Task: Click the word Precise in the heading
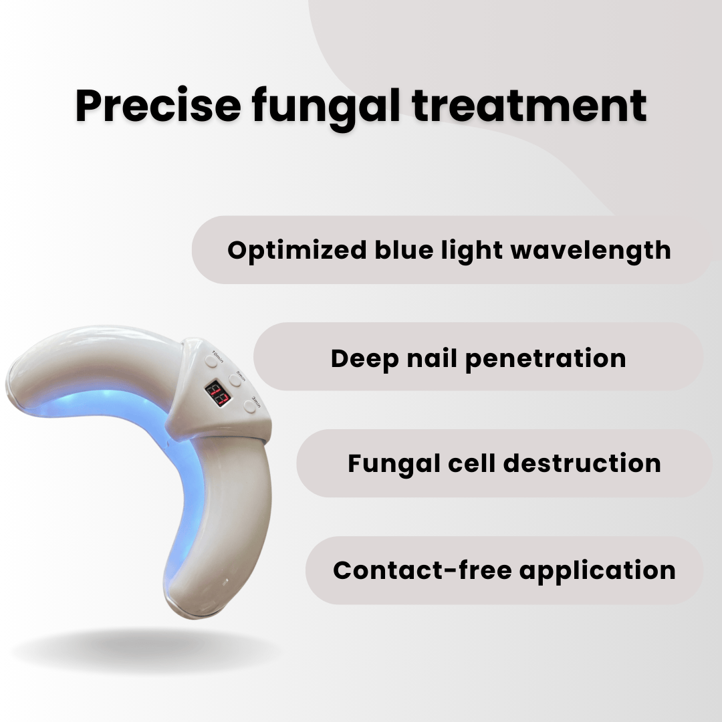[x=157, y=106]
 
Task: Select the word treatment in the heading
[x=529, y=106]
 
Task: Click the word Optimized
[x=297, y=251]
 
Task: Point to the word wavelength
[x=591, y=251]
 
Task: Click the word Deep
[x=364, y=359]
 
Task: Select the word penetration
[x=546, y=359]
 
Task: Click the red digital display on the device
[x=217, y=394]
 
